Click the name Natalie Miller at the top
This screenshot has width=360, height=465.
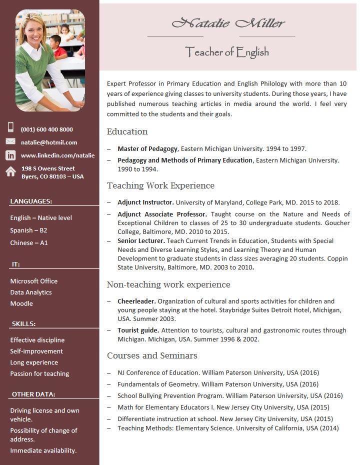coord(228,22)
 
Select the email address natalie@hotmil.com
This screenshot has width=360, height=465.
coord(49,142)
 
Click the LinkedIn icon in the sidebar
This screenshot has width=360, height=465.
coord(10,155)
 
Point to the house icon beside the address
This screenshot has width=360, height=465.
coord(10,172)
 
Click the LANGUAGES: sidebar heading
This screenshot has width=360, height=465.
coord(31,201)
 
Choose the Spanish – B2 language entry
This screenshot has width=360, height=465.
coord(28,230)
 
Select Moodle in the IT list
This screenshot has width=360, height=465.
coord(21,303)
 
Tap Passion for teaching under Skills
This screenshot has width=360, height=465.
coord(39,373)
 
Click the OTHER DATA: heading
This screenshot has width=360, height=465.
coord(33,394)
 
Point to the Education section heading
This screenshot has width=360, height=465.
coord(127,131)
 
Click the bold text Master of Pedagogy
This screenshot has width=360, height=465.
coord(147,148)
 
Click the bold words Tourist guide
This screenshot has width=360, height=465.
coord(138,330)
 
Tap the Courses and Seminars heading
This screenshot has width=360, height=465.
coord(152,355)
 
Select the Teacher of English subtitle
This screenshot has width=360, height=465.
coord(227,51)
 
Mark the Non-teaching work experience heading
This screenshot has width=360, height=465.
coord(168,284)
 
